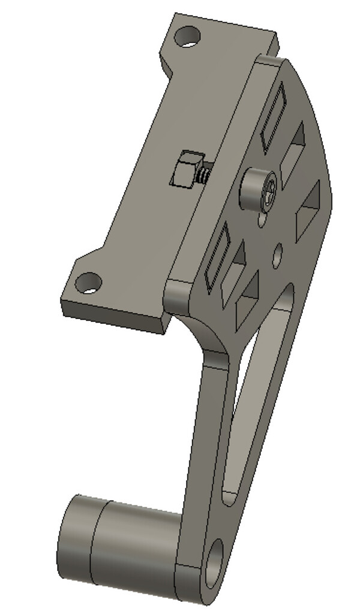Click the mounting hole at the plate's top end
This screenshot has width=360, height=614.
(188, 37)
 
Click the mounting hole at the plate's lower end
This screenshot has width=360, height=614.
(89, 282)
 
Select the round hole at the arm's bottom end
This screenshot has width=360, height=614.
(214, 565)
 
